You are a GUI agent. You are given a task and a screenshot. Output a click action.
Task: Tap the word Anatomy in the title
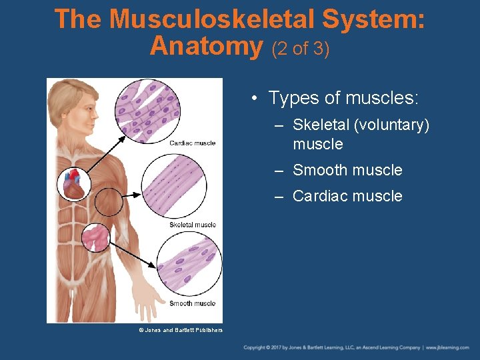pos(207,46)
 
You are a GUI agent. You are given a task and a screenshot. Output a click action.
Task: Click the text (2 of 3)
pos(300,49)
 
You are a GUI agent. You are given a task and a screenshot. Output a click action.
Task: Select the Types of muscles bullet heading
pos(343,99)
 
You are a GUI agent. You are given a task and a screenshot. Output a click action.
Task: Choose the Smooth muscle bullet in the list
pos(347,170)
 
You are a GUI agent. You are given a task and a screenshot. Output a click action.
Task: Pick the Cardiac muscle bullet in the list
pos(347,196)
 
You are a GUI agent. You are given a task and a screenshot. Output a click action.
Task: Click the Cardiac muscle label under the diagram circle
pos(193,143)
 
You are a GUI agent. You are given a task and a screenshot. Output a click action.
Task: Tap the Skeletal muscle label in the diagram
pos(193,225)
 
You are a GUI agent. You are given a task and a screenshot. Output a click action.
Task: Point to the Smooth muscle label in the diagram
pos(193,303)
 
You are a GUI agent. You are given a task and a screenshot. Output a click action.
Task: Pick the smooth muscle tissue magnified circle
pos(189,265)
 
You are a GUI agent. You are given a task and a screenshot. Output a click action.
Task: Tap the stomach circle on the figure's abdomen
pos(95,237)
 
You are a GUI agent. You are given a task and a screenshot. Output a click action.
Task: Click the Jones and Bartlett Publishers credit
pos(181,330)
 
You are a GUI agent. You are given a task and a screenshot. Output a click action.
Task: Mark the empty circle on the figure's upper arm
pos(109,201)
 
